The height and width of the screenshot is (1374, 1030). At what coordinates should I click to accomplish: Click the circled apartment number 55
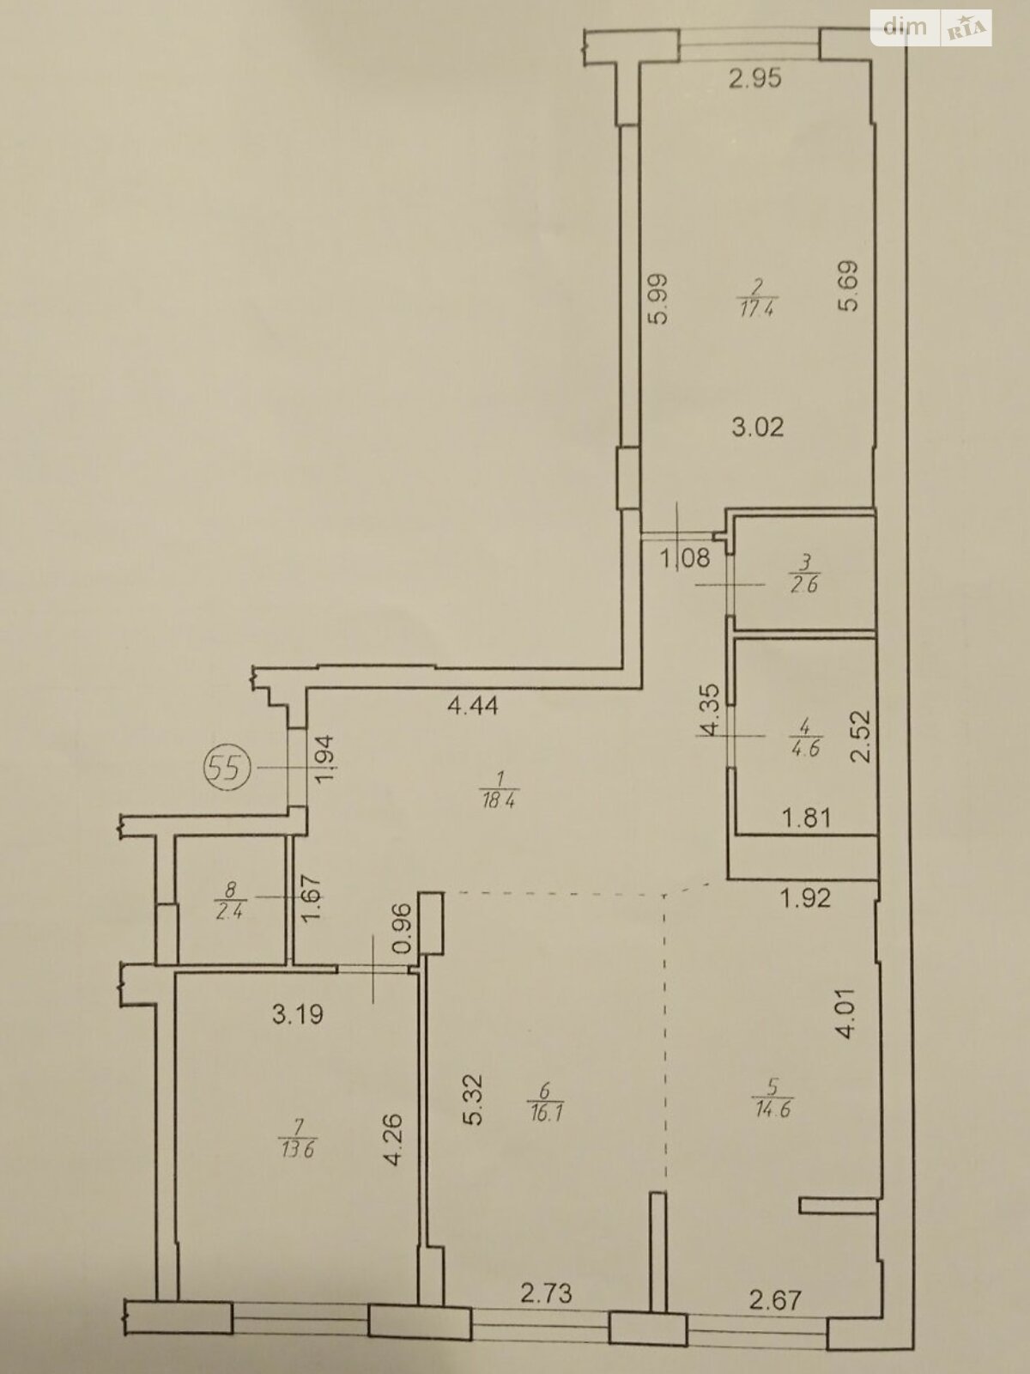click(228, 768)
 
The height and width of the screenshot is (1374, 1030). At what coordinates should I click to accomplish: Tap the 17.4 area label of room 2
click(757, 308)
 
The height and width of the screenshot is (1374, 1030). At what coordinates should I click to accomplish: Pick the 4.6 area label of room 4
click(805, 747)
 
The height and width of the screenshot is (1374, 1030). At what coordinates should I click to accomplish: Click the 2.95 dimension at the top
click(755, 79)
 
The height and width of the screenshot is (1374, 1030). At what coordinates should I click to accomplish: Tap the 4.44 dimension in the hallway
click(473, 706)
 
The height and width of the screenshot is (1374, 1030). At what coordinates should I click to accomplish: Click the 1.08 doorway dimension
click(686, 557)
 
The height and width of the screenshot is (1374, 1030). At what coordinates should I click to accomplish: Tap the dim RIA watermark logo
click(930, 27)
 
